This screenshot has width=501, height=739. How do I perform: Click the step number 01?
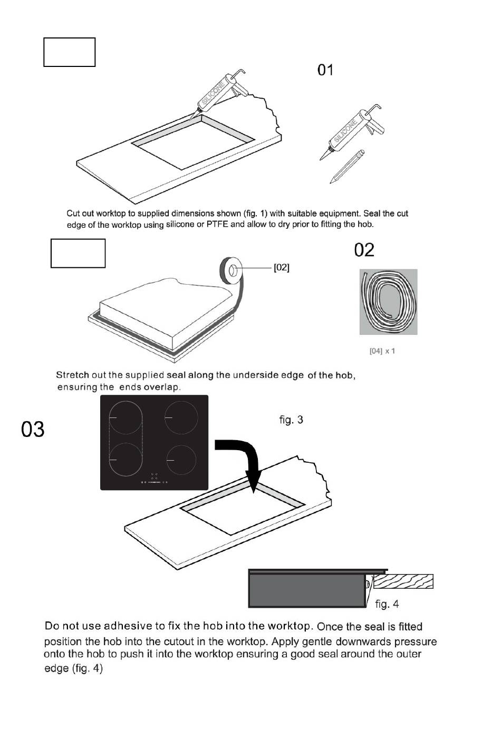pyautogui.click(x=325, y=70)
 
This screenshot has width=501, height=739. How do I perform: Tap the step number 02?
pyautogui.click(x=364, y=250)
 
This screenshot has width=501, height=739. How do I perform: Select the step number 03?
pyautogui.click(x=33, y=429)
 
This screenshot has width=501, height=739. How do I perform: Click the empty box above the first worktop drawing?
pyautogui.click(x=69, y=52)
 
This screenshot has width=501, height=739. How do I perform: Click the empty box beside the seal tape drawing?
pyautogui.click(x=78, y=254)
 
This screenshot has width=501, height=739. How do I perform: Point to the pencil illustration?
pyautogui.click(x=347, y=166)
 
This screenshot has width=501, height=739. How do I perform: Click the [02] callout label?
pyautogui.click(x=281, y=268)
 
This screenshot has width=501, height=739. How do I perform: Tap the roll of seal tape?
pyautogui.click(x=230, y=271)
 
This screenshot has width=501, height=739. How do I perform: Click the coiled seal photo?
pyautogui.click(x=389, y=302)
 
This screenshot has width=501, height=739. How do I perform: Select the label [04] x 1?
pyautogui.click(x=382, y=351)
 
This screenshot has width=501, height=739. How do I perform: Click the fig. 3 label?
pyautogui.click(x=291, y=420)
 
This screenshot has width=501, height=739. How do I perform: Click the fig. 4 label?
pyautogui.click(x=387, y=604)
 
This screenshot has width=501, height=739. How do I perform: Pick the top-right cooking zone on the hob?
pyautogui.click(x=181, y=417)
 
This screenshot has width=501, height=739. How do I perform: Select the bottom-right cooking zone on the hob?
pyautogui.click(x=181, y=460)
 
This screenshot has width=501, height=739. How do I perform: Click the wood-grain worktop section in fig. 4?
pyautogui.click(x=403, y=581)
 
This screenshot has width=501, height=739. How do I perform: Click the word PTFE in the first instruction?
pyautogui.click(x=217, y=225)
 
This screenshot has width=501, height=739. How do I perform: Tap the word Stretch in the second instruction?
pyautogui.click(x=72, y=375)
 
